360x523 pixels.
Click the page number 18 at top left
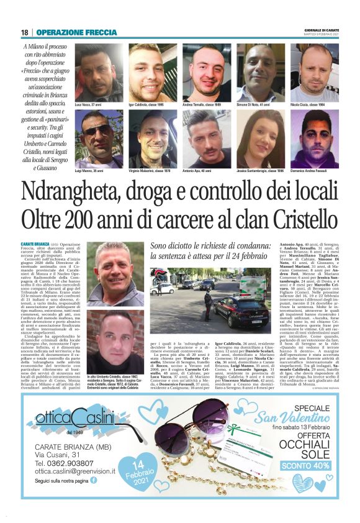(x=25, y=32)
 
